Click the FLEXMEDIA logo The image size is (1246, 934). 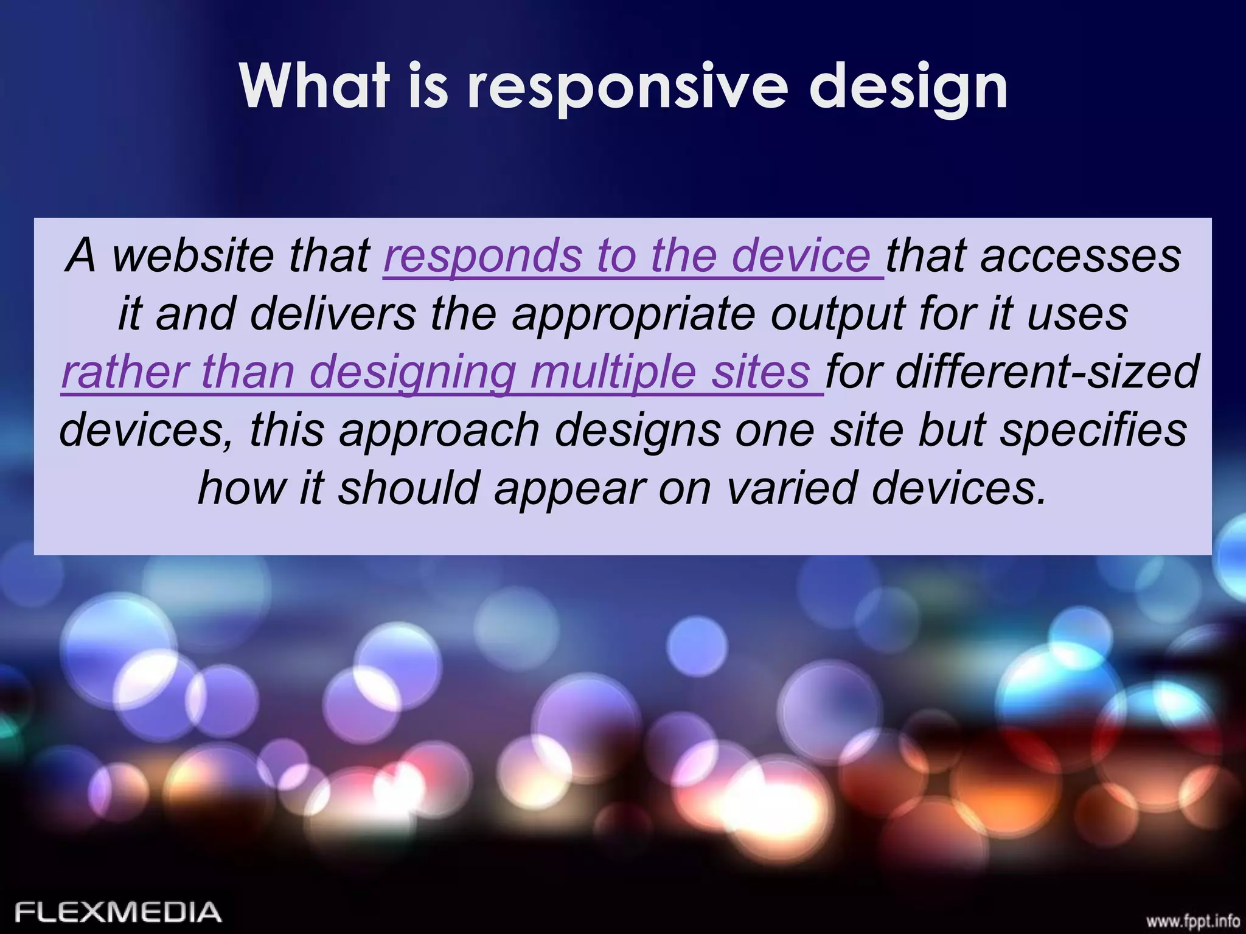click(x=118, y=912)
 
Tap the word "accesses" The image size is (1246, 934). click(x=1081, y=255)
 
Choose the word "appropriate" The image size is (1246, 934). click(x=633, y=315)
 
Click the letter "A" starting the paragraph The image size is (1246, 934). click(x=82, y=255)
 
